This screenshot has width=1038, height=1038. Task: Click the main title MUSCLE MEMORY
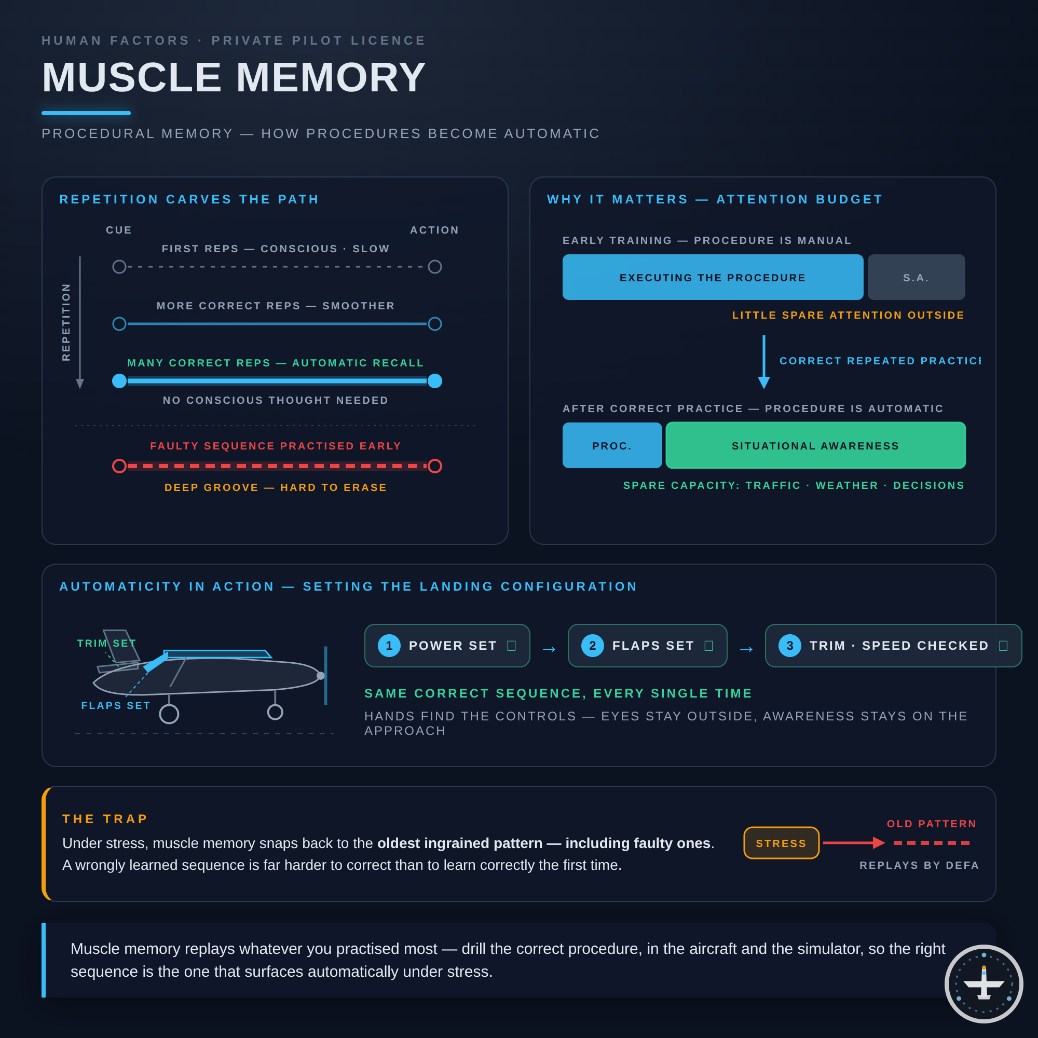click(234, 77)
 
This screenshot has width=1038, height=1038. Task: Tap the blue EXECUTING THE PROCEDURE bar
click(713, 277)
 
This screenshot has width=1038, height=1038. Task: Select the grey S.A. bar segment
click(916, 277)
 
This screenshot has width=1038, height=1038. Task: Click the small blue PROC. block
click(612, 445)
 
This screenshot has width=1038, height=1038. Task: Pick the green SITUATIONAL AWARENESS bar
click(815, 445)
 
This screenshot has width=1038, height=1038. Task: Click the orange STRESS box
click(781, 843)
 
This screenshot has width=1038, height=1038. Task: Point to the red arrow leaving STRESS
click(854, 843)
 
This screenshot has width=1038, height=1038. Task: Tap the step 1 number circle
click(389, 645)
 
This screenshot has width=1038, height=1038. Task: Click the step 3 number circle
click(790, 645)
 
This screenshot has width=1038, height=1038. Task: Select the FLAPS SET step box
click(647, 645)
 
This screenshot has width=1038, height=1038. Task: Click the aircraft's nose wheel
click(275, 712)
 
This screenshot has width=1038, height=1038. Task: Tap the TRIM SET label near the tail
click(107, 643)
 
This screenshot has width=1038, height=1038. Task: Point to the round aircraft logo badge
click(984, 984)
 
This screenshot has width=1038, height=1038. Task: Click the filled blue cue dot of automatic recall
click(119, 381)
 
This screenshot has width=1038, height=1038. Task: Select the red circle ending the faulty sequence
click(434, 466)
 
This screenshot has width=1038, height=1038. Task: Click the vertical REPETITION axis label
click(66, 322)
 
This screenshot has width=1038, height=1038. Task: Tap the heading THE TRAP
click(105, 819)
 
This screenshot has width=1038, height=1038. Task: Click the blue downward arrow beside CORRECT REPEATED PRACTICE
click(764, 362)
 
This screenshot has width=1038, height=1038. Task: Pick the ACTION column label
click(434, 230)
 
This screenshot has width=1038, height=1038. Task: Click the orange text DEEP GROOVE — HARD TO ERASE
click(276, 487)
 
